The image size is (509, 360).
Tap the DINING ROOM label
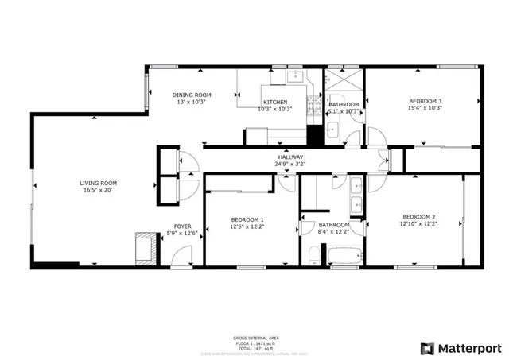pyautogui.click(x=191, y=95)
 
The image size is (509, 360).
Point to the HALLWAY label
pyautogui.click(x=289, y=157)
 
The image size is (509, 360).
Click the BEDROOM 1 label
pyautogui.click(x=247, y=219)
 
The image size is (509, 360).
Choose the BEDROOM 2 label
pyautogui.click(x=418, y=217)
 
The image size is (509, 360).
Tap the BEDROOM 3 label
pyautogui.click(x=425, y=101)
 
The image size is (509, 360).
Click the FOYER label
pyautogui.click(x=183, y=226)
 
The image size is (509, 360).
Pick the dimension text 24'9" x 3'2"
pyautogui.click(x=289, y=165)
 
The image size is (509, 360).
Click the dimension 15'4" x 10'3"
pyautogui.click(x=425, y=108)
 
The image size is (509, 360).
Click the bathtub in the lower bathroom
pyautogui.click(x=345, y=257)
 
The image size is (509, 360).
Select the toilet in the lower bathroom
pyautogui.click(x=314, y=256)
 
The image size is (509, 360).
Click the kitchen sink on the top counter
pyautogui.click(x=294, y=76)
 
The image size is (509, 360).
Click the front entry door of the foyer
pyautogui.click(x=182, y=257)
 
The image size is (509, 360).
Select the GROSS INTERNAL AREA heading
pyautogui.click(x=255, y=338)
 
